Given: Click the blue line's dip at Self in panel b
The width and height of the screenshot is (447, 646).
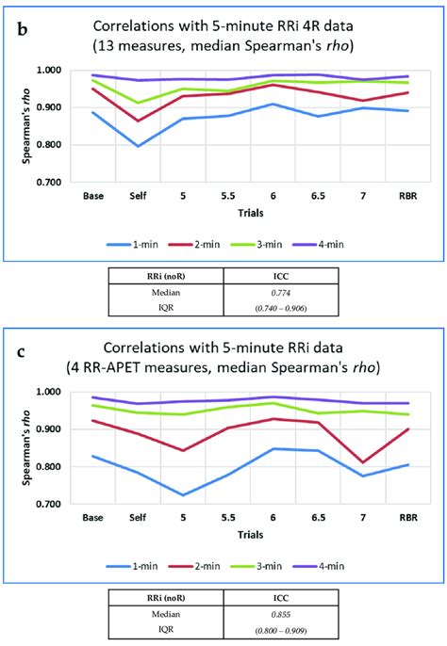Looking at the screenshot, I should click(138, 146).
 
